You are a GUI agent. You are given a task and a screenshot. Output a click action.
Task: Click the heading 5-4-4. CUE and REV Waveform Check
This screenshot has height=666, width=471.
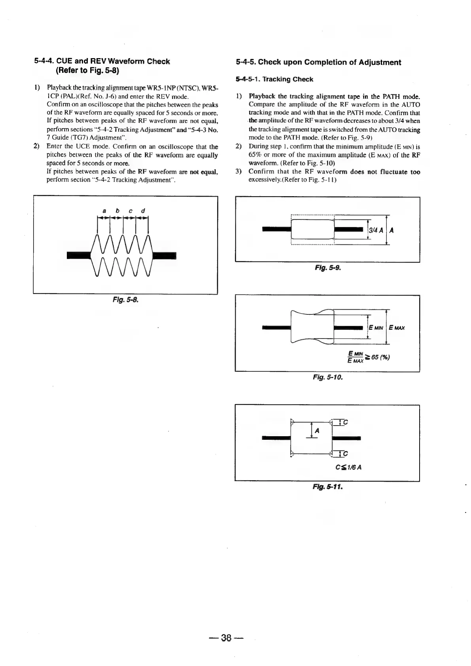(x=102, y=62)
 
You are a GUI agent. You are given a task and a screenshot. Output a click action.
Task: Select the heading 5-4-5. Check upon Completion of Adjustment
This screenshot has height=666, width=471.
(x=318, y=62)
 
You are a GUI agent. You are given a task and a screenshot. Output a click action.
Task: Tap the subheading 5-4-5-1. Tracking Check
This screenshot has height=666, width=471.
(x=274, y=79)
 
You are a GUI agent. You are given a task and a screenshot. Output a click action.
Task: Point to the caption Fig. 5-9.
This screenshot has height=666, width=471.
(x=327, y=267)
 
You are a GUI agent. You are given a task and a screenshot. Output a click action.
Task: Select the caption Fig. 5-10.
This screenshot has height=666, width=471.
(x=327, y=377)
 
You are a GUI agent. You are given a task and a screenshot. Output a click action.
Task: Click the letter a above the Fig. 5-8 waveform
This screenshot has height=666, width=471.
(x=104, y=210)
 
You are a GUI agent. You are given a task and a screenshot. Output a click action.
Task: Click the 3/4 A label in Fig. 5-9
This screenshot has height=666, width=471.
(x=375, y=231)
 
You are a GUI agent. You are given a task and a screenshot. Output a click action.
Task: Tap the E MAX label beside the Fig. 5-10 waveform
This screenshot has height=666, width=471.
(x=397, y=328)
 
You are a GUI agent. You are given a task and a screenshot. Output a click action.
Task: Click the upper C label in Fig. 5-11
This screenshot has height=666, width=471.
(x=345, y=422)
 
